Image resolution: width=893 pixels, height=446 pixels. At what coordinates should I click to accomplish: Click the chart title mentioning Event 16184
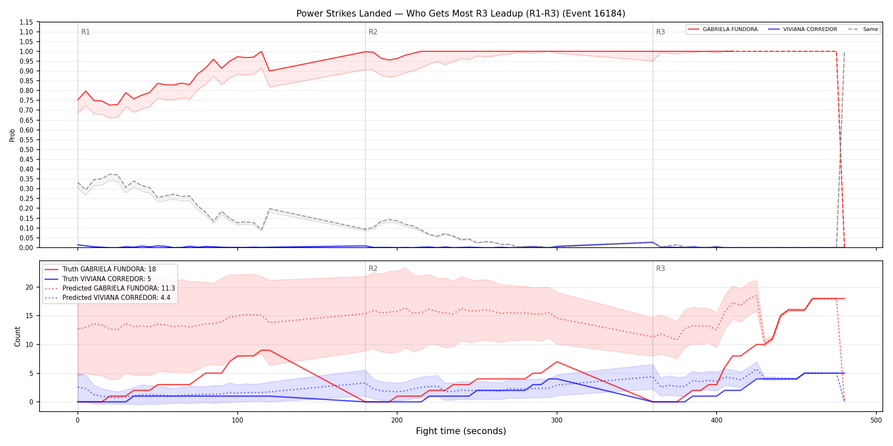pyautogui.click(x=461, y=14)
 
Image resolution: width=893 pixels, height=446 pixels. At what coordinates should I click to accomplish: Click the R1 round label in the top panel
pyautogui.click(x=85, y=32)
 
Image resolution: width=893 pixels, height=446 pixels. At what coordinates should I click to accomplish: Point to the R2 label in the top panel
pyautogui.click(x=373, y=32)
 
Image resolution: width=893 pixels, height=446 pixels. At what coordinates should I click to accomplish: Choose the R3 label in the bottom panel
pyautogui.click(x=660, y=268)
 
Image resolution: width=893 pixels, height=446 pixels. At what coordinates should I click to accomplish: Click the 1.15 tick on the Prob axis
pyautogui.click(x=26, y=22)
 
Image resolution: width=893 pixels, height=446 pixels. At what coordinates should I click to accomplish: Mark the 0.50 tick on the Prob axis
pyautogui.click(x=26, y=150)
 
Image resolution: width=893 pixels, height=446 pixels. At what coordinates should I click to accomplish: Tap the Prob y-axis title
pyautogui.click(x=12, y=135)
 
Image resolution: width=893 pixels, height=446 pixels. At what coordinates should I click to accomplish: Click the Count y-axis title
pyautogui.click(x=17, y=336)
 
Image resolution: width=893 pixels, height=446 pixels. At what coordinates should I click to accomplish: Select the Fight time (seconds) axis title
pyautogui.click(x=461, y=431)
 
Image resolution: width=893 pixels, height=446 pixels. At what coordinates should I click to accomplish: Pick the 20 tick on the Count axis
pyautogui.click(x=29, y=287)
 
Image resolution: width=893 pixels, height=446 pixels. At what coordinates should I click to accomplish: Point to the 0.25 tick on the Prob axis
pyautogui.click(x=26, y=198)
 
